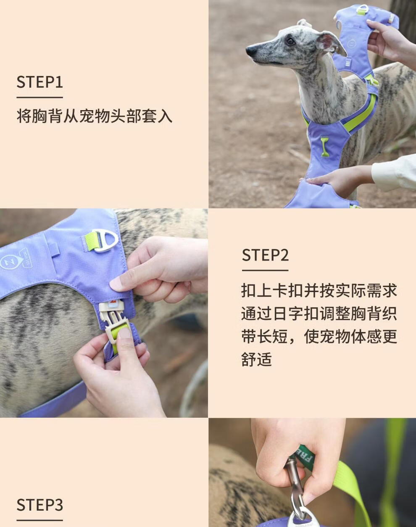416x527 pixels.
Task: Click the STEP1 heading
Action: [39, 82]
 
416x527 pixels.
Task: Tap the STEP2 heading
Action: [265, 255]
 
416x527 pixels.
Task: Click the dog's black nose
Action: [251, 51]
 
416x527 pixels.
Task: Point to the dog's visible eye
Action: [290, 41]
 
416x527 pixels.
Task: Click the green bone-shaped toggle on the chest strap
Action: [325, 146]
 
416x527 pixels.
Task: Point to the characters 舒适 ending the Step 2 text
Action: [257, 359]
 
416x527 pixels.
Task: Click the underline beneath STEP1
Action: [39, 97]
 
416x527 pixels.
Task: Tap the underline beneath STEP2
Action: [265, 270]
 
